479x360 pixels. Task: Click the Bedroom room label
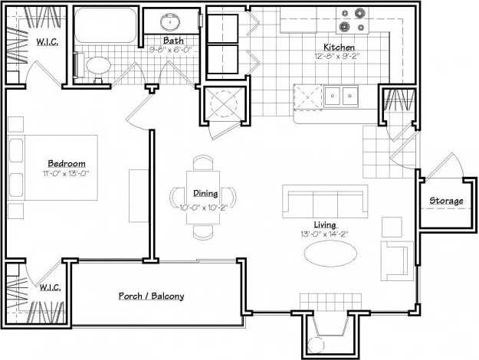66,163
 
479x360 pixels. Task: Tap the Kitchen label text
338,47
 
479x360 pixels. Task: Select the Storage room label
445,201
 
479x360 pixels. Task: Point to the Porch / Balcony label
151,296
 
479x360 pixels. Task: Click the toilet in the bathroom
96,67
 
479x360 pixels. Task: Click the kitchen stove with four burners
353,20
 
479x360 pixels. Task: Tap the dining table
205,195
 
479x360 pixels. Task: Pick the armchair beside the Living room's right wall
398,260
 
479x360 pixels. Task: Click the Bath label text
172,40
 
